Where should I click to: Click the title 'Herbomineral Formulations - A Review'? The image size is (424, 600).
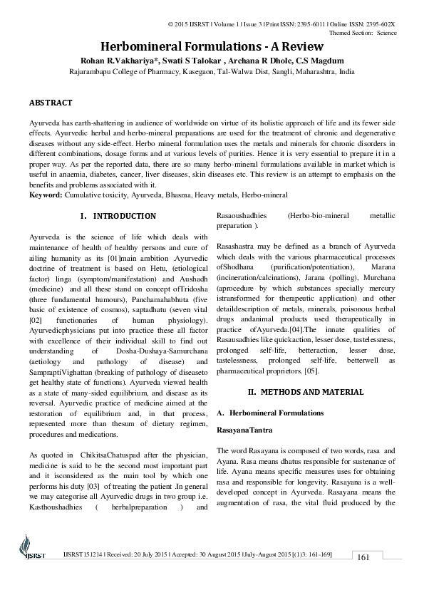coord(212,45)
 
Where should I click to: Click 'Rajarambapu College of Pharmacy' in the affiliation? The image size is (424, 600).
coord(126,72)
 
